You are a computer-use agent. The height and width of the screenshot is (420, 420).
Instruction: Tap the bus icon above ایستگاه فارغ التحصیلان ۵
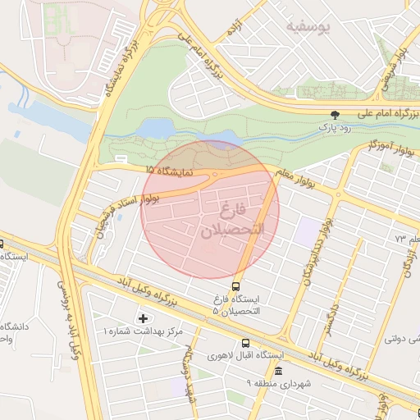(236, 286)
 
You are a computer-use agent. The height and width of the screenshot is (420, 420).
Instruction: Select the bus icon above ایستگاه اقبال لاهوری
(245, 343)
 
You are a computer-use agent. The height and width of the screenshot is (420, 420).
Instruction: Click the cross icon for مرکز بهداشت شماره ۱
(144, 317)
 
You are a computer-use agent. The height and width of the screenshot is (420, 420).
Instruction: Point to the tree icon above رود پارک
(334, 116)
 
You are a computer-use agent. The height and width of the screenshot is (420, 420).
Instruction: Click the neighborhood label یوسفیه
(307, 27)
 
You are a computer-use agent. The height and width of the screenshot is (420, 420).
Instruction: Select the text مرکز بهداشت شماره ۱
(139, 331)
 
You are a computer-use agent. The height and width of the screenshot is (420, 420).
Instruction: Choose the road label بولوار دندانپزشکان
(317, 253)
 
